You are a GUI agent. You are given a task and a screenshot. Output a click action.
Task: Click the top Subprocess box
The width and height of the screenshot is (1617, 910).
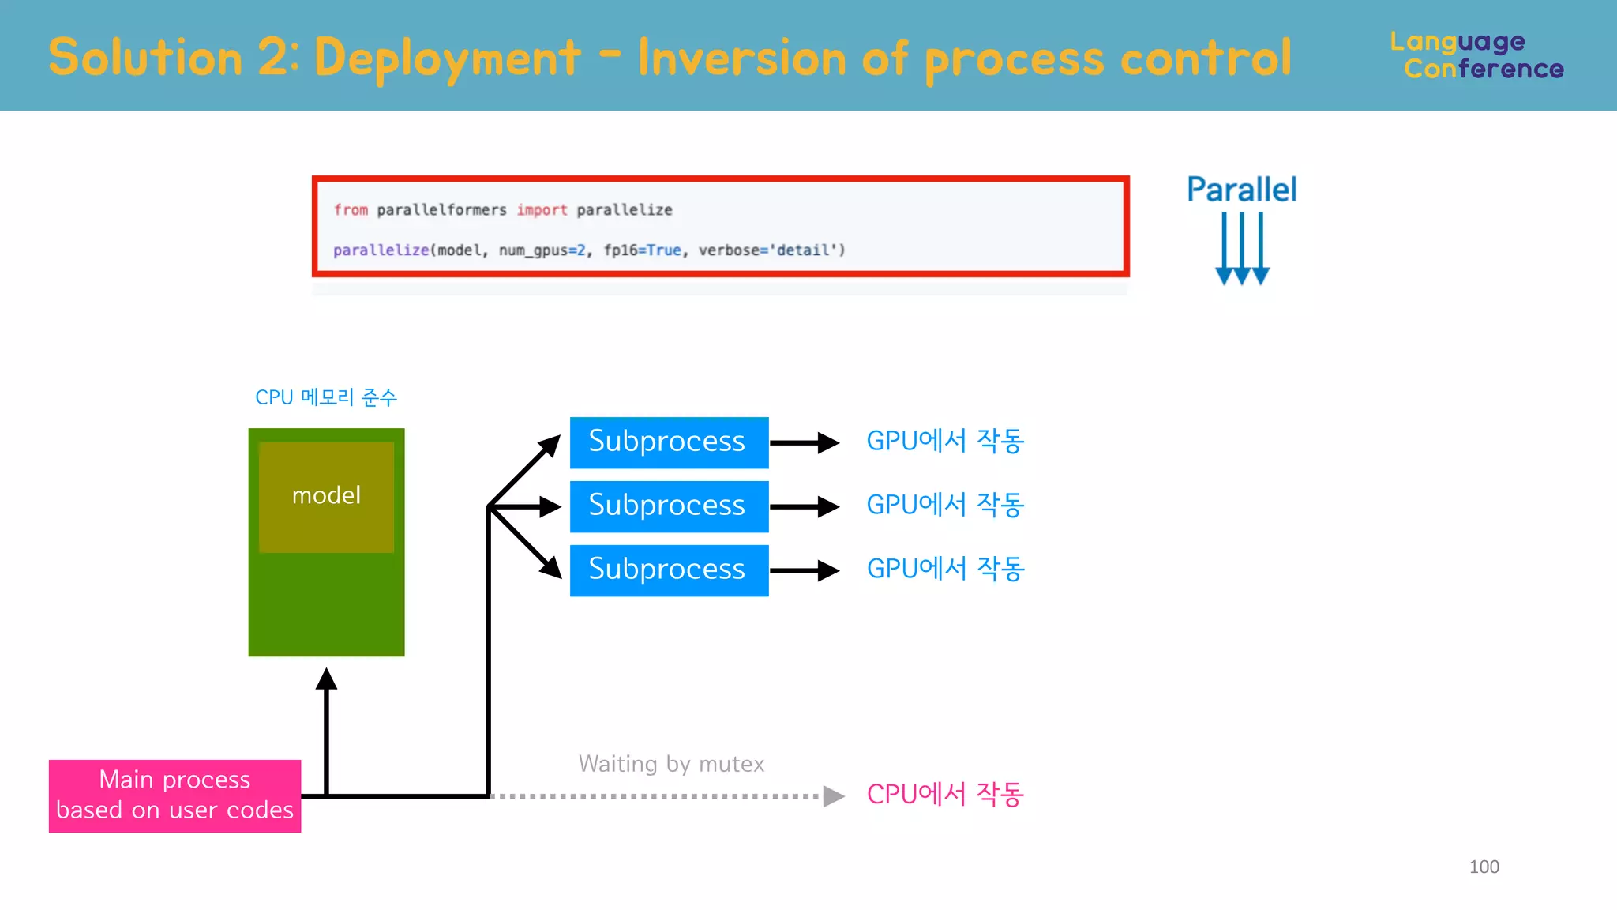(x=669, y=442)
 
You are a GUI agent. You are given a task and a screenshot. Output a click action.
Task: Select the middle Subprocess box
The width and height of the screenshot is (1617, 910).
(x=669, y=506)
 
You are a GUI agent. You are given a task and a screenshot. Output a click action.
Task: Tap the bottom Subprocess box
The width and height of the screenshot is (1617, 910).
(x=669, y=570)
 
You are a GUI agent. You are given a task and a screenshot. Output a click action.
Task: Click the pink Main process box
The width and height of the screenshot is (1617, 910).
(x=174, y=795)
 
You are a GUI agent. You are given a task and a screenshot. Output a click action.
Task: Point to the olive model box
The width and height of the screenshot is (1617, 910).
(x=326, y=496)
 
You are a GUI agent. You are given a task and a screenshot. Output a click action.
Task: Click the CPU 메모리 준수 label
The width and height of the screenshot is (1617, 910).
(x=325, y=397)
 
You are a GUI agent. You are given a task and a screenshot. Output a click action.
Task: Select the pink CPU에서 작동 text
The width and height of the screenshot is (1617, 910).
(x=944, y=794)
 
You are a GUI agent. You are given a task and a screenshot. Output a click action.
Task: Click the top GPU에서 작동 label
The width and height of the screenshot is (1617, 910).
(x=944, y=441)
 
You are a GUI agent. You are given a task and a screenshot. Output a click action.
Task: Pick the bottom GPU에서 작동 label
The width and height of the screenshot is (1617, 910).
(x=944, y=569)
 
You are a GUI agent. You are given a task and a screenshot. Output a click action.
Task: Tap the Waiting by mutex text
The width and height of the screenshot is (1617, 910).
(x=671, y=764)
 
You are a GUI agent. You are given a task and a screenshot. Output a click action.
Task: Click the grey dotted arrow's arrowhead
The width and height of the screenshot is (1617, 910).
(x=833, y=796)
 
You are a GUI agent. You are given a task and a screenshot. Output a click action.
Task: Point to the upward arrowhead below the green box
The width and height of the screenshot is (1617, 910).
(x=326, y=679)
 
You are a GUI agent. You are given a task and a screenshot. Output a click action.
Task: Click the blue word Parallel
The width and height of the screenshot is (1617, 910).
(x=1241, y=190)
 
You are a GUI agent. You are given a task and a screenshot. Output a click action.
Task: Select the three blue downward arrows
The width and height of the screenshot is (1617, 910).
(x=1241, y=248)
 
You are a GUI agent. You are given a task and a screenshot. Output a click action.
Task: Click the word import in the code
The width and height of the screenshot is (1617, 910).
(x=542, y=210)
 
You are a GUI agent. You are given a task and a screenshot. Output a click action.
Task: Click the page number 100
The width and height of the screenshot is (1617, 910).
(x=1484, y=867)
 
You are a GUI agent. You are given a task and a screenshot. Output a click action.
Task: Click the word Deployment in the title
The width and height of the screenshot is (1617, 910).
(x=447, y=58)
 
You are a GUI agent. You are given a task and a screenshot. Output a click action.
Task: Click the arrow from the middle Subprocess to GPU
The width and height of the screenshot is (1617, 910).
(x=804, y=506)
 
